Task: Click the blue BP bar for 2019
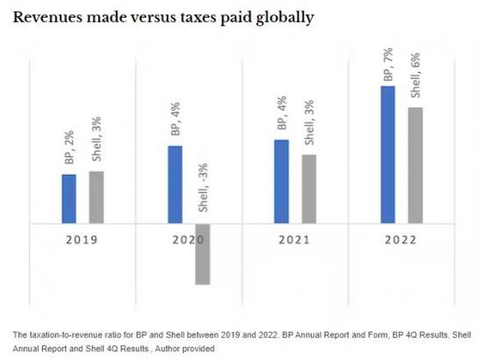click(x=68, y=199)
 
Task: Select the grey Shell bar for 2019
click(x=97, y=198)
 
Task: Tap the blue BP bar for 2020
click(x=175, y=184)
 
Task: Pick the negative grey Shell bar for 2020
click(x=203, y=255)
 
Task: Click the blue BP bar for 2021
click(x=281, y=182)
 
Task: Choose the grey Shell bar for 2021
click(x=309, y=189)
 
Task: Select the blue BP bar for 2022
click(x=387, y=155)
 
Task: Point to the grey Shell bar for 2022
click(x=415, y=165)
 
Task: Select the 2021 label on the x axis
click(x=295, y=239)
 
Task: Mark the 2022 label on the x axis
click(x=401, y=239)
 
